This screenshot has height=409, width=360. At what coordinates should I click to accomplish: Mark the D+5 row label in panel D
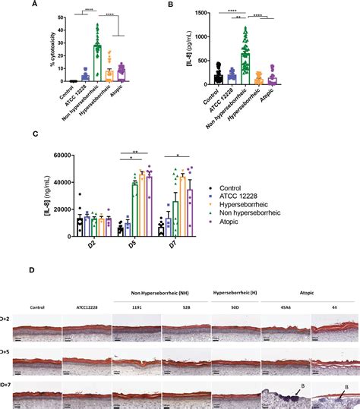click(5, 353)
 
